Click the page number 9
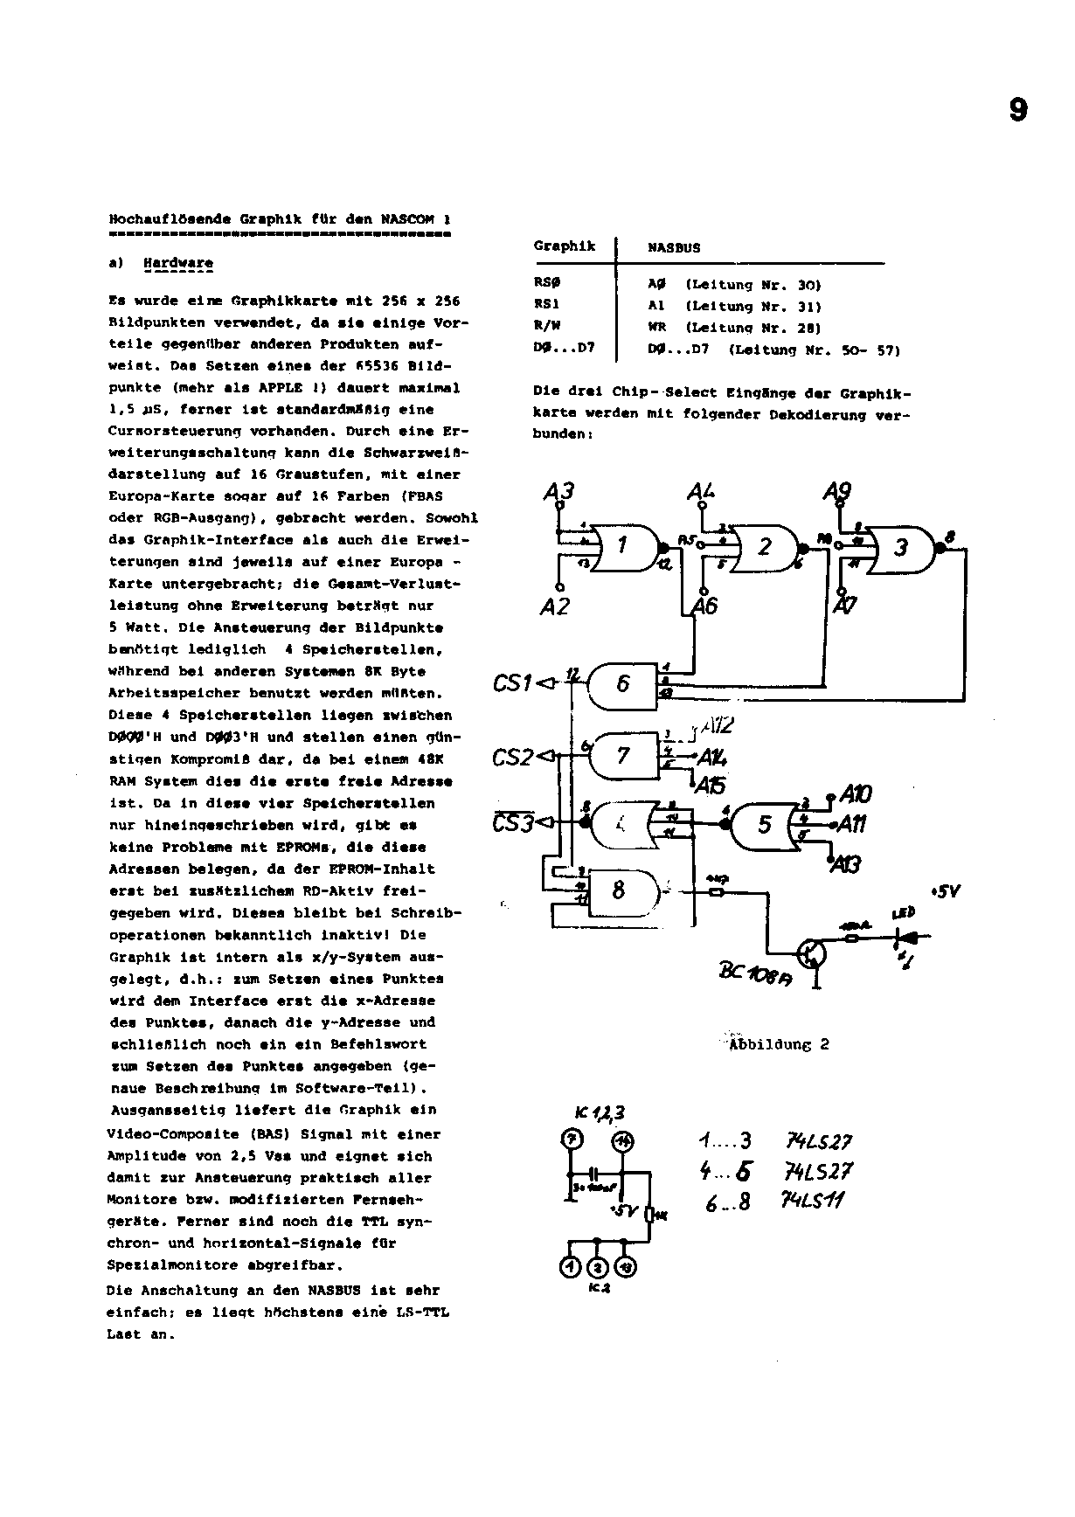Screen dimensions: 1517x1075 point(1018,111)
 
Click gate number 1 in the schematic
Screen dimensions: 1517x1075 point(622,546)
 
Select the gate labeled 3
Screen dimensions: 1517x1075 point(900,547)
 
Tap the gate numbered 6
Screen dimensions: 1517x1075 point(622,683)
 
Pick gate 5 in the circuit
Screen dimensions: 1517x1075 point(765,824)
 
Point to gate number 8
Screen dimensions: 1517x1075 point(619,890)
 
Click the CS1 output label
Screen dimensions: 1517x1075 point(512,682)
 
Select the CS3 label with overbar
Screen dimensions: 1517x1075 point(512,822)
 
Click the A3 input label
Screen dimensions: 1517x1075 point(558,494)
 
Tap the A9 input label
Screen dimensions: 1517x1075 point(836,493)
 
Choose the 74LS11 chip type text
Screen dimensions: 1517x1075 point(812,1201)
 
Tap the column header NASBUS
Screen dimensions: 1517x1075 point(674,248)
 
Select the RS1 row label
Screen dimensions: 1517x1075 point(546,306)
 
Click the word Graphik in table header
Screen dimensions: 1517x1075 point(565,246)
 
